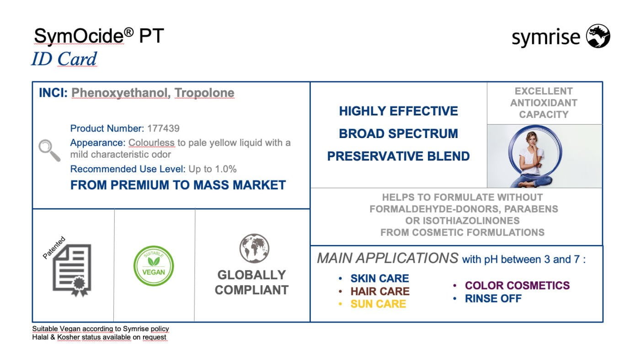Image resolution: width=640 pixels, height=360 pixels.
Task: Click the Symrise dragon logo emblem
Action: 598,36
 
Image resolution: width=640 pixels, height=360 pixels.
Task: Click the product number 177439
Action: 164,128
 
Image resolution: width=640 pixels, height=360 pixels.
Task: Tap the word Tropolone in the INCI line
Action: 204,93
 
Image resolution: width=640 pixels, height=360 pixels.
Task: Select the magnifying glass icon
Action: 49,150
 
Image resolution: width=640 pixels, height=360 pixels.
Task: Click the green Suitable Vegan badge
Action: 154,266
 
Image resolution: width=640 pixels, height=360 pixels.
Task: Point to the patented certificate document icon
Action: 72,270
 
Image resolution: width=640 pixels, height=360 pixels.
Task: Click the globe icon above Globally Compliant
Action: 254,248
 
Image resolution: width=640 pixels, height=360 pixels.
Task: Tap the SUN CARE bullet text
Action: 379,304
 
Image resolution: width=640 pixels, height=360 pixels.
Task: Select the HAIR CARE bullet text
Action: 380,291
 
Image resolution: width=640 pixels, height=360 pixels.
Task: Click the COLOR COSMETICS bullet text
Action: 517,286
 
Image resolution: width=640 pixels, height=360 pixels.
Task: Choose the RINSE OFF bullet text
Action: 493,299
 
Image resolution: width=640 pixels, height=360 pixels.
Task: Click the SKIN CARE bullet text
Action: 380,278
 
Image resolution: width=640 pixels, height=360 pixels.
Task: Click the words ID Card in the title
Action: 64,59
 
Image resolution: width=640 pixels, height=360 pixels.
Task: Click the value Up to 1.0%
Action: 213,169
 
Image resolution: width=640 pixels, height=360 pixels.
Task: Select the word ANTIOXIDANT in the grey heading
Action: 544,103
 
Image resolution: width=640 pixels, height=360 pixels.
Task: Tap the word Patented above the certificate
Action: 54,248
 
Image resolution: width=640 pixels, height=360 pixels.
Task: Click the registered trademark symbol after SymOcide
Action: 129,32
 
